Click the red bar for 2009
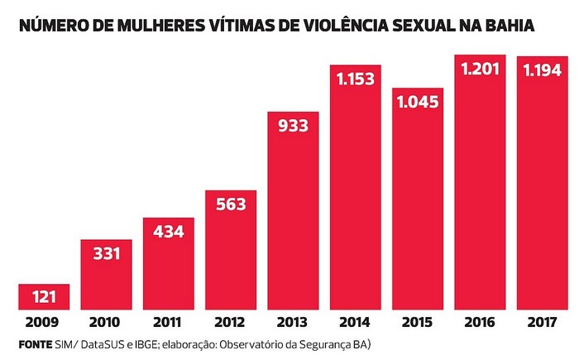point(44,296)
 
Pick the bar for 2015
point(418,207)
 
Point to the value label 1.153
point(356,79)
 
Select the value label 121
point(44,296)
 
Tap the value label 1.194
point(543,71)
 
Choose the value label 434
point(168,232)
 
